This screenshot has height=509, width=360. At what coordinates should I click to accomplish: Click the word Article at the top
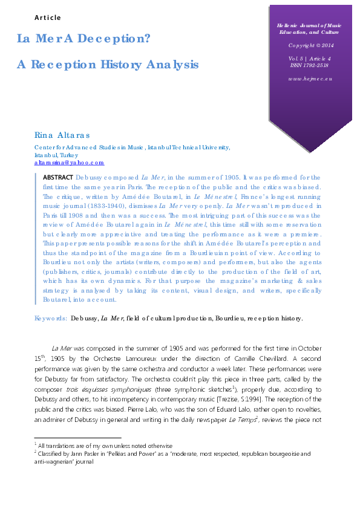coord(47,18)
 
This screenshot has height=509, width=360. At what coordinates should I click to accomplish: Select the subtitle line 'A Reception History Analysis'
coord(107,63)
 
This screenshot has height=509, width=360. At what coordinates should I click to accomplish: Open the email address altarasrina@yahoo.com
coord(69,163)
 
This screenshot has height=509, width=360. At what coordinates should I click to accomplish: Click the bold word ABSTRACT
coord(57,177)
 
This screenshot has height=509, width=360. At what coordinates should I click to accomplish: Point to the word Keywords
coord(51,317)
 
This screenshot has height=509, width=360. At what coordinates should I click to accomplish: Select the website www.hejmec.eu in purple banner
coord(311,79)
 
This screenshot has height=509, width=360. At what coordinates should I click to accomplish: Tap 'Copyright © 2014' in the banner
coord(311,45)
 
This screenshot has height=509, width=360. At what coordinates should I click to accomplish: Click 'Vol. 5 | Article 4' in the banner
coord(311,59)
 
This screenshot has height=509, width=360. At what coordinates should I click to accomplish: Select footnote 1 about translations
coord(105,446)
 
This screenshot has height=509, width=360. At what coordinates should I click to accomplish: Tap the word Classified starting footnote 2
coord(51,453)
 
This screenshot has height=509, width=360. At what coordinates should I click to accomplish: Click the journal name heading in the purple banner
coord(311,29)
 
